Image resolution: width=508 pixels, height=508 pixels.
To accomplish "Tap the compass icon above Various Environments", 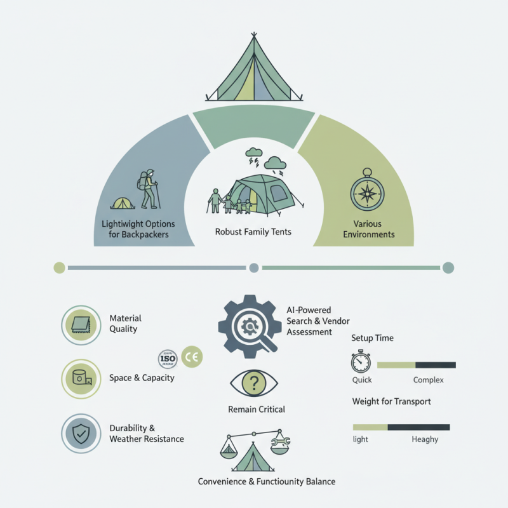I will (367, 191).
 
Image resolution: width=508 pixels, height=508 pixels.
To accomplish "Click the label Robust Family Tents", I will (253, 232).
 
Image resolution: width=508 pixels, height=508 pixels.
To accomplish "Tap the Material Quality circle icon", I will (80, 324).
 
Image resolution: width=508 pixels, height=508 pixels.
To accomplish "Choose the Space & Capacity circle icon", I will (80, 378).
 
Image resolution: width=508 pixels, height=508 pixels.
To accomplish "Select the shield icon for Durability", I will (80, 433).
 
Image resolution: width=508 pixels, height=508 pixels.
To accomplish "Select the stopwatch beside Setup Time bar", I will (361, 361).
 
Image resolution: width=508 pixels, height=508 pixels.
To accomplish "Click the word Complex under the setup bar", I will (428, 380).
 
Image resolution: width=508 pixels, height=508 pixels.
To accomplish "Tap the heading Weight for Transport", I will (391, 401).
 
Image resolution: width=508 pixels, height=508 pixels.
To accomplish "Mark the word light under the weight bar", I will (360, 439).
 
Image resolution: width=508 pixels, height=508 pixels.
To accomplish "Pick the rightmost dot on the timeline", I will (448, 267).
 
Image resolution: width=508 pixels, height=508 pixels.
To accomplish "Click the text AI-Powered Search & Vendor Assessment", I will (318, 321).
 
